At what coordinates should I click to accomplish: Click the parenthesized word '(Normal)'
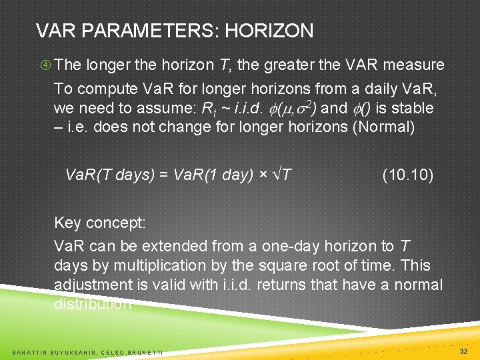383,127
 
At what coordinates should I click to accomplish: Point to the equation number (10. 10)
407,175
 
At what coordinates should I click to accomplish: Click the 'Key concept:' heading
99,222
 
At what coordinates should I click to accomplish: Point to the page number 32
463,351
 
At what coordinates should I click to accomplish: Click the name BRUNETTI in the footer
147,351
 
